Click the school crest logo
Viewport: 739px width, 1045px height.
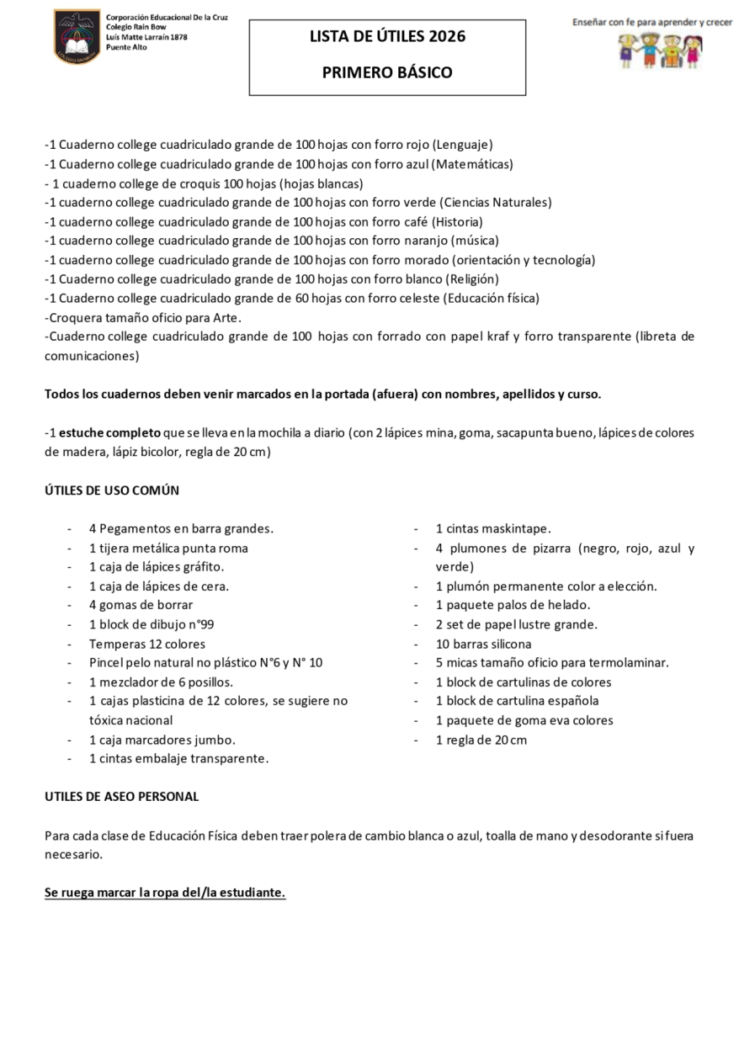(77, 36)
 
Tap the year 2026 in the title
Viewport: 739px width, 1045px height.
(446, 36)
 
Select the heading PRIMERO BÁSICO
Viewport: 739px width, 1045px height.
(387, 72)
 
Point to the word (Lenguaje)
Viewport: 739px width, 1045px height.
(462, 144)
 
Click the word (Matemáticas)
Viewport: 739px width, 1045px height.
(472, 163)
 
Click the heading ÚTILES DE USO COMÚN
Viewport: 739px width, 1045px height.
(112, 491)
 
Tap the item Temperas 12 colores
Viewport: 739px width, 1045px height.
(147, 644)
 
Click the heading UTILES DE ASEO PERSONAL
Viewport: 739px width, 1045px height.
(122, 796)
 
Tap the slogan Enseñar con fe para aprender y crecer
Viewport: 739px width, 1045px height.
(652, 22)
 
